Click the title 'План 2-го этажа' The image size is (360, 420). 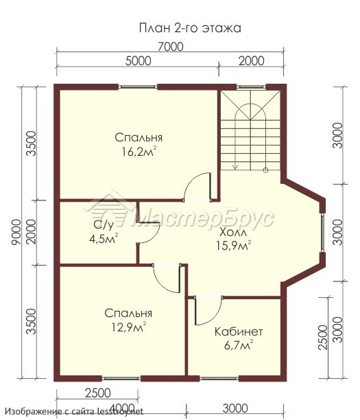point(190,28)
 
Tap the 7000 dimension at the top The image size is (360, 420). point(171,47)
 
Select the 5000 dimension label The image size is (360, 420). point(138,61)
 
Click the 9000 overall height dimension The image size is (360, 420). point(16,232)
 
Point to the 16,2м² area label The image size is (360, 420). point(139,152)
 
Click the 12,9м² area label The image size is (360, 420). point(129,327)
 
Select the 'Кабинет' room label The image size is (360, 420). point(239,332)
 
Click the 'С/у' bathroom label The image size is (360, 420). point(104,226)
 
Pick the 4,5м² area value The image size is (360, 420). point(104,238)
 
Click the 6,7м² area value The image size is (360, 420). point(239,345)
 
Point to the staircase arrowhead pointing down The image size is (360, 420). point(235,167)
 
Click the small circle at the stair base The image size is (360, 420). point(265,170)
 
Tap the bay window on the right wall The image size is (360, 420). point(323,233)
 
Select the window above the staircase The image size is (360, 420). point(251,86)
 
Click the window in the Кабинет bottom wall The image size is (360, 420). point(219,378)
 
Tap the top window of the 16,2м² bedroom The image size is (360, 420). point(138,86)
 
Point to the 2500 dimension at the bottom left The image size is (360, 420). point(97,393)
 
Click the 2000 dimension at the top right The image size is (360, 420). point(252,61)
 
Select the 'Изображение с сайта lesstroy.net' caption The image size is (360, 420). point(74,411)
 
